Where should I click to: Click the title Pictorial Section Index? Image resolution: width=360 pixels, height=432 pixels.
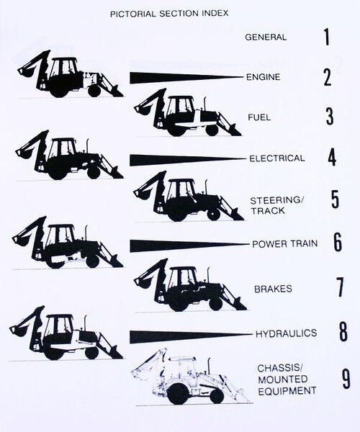(x=169, y=14)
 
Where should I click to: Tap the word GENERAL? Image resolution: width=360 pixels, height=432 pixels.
(x=266, y=37)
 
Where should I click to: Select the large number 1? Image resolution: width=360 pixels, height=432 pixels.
(x=326, y=37)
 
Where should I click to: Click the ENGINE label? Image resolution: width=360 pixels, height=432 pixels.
(x=264, y=77)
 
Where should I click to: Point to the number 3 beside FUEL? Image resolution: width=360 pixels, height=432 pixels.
(x=329, y=117)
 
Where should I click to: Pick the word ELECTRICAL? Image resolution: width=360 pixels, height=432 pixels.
(x=277, y=158)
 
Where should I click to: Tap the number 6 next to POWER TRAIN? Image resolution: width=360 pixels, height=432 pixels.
(x=338, y=243)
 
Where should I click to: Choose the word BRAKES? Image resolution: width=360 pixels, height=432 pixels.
(x=273, y=289)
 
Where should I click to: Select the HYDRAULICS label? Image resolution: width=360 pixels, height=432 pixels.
(x=286, y=333)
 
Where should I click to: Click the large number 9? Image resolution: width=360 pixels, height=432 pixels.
(x=346, y=379)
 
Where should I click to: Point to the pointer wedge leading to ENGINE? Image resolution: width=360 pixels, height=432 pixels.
(x=187, y=78)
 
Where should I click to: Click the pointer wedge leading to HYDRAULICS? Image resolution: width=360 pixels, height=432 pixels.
(x=191, y=336)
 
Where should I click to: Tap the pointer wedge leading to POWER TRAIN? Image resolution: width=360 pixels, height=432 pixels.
(x=189, y=246)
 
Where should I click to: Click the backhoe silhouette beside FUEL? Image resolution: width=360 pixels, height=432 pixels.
(x=188, y=113)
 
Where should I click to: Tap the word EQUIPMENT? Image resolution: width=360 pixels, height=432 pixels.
(x=287, y=391)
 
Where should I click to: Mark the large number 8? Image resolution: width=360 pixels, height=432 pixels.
(x=343, y=333)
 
